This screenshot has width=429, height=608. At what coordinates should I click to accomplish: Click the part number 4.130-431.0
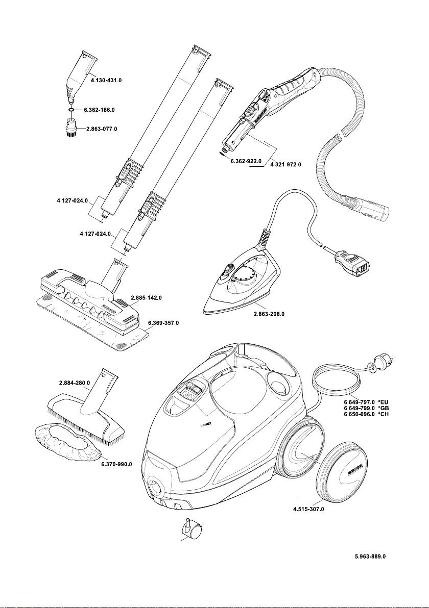[107, 81]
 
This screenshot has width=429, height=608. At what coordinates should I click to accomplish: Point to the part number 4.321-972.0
[285, 165]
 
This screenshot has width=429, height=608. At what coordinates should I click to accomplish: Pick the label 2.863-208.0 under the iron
[269, 314]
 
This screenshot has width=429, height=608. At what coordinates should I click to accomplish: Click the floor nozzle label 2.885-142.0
[147, 297]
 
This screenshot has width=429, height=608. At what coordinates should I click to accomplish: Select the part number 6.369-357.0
[163, 323]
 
